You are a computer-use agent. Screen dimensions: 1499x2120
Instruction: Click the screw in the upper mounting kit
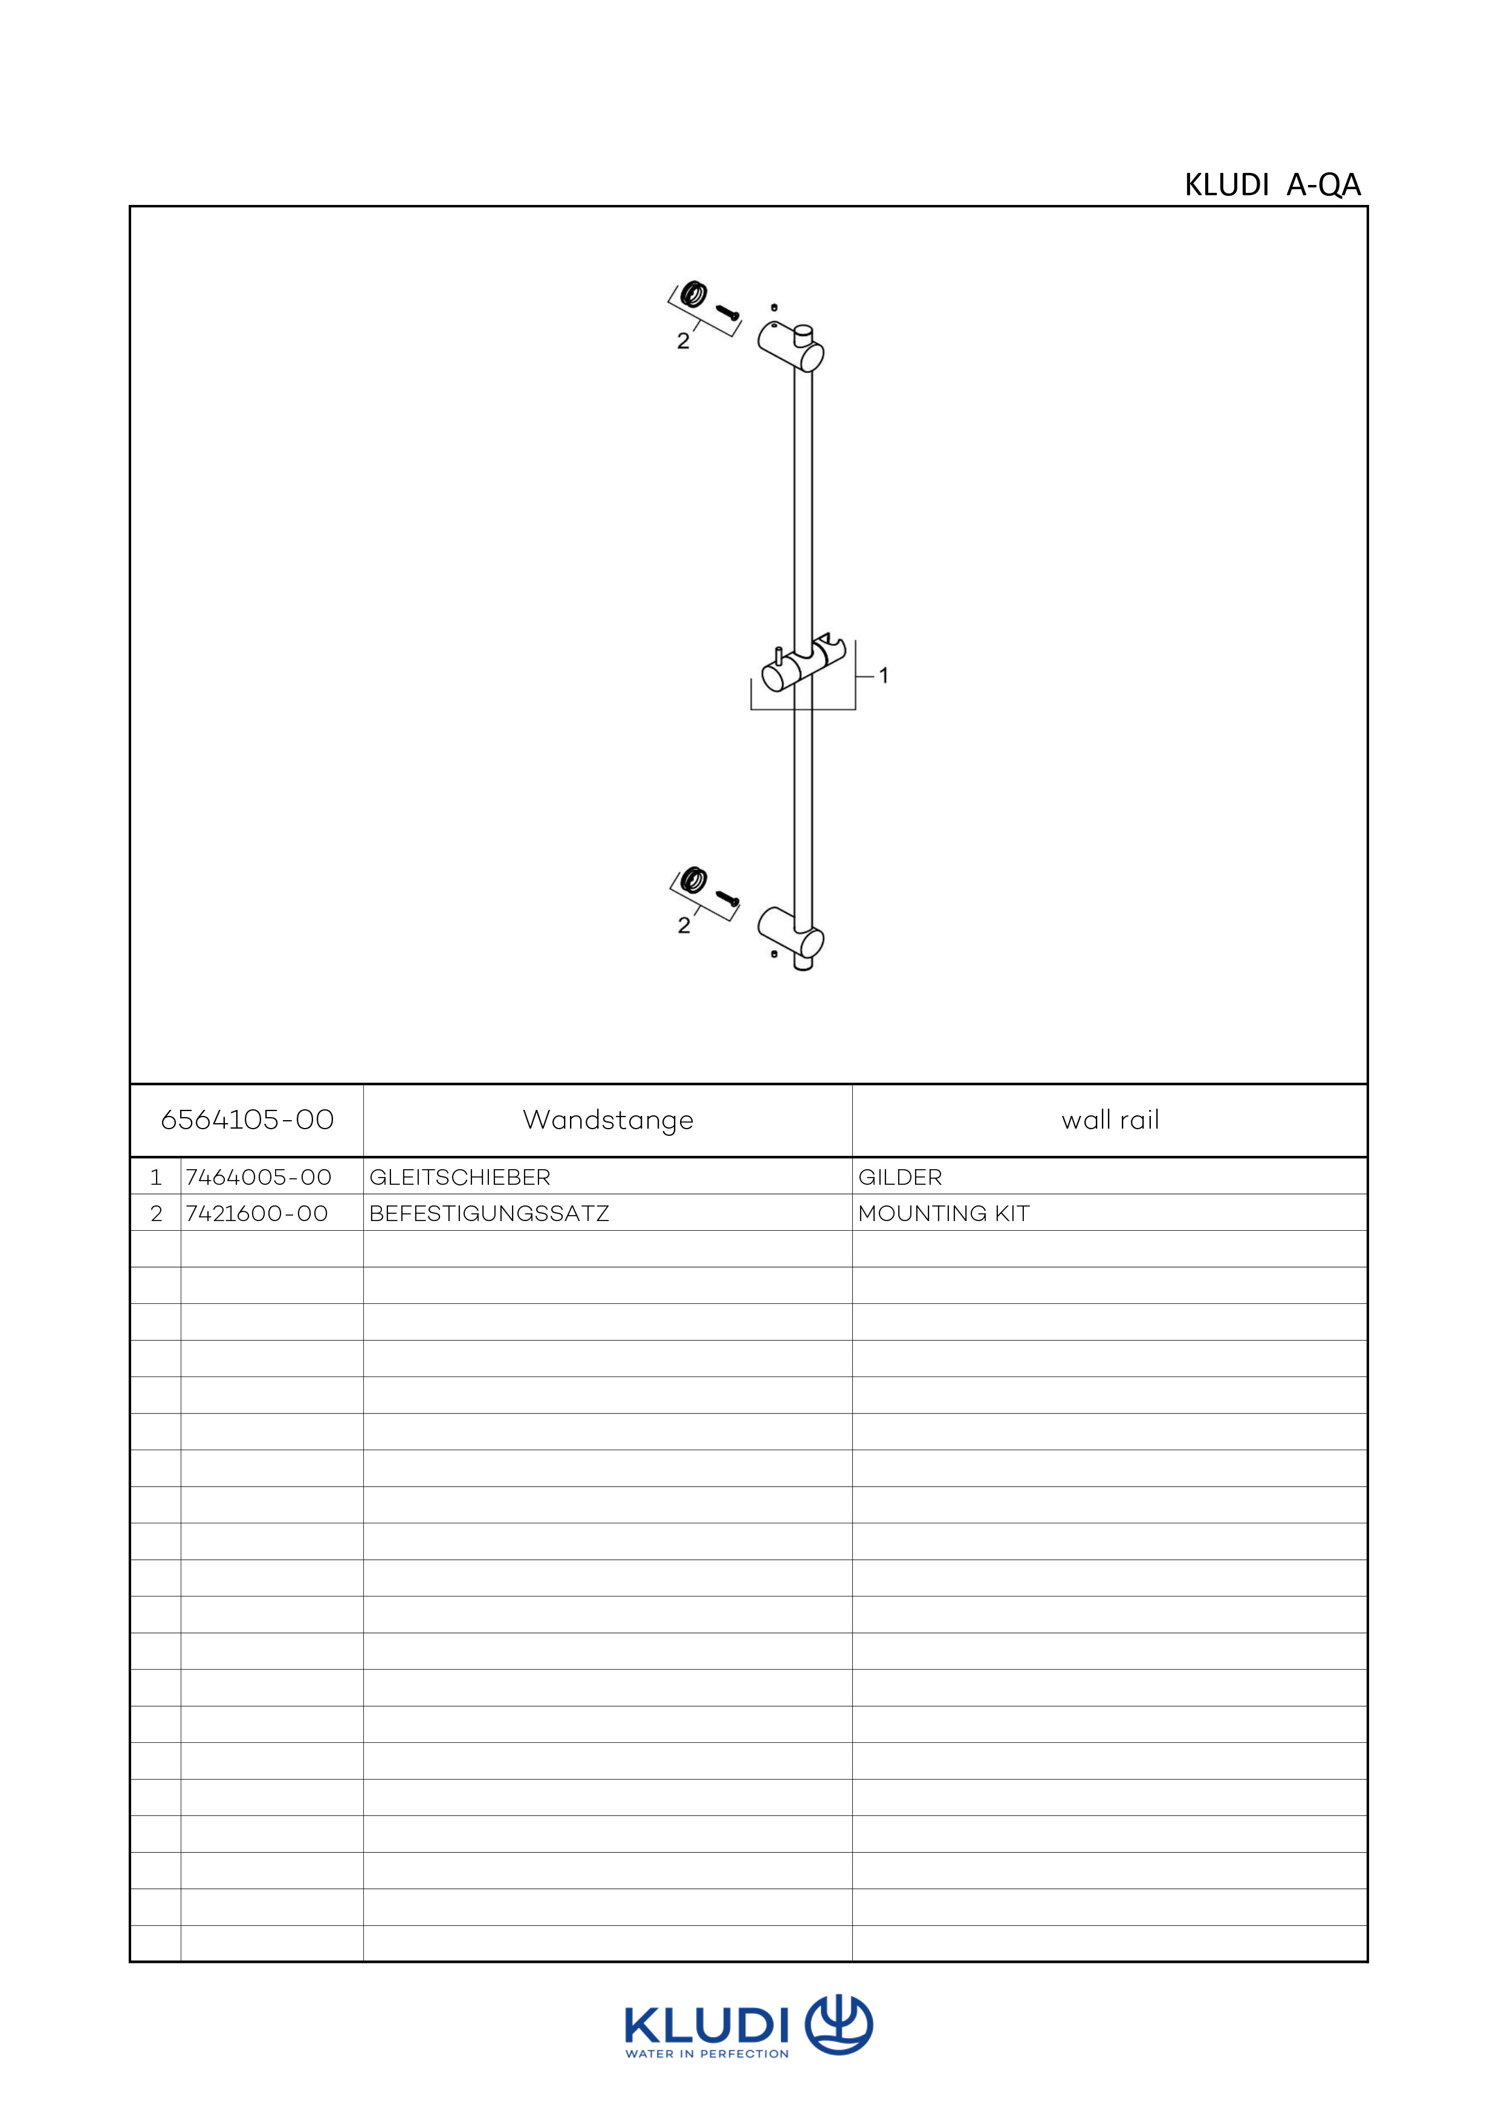coord(728,313)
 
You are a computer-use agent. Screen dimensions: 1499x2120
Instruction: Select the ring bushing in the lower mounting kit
coord(691,879)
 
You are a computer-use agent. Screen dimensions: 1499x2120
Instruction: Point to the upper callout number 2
coord(683,341)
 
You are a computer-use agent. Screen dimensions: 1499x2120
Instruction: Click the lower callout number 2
coord(684,925)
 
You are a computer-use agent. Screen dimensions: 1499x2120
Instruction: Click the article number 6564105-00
coord(247,1120)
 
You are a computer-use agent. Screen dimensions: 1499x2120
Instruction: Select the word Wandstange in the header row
coord(608,1121)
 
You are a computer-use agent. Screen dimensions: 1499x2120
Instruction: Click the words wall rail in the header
coord(1110,1120)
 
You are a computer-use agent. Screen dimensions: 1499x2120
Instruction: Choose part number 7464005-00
coord(259,1177)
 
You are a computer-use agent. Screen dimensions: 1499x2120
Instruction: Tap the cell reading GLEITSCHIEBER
coord(459,1177)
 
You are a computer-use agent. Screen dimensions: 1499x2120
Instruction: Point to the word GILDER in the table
coord(900,1177)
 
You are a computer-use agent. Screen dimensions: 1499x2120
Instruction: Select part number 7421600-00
coord(257,1213)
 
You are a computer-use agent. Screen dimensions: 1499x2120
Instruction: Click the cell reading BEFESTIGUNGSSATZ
coord(489,1213)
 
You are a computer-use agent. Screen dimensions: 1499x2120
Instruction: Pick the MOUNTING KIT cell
coord(944,1213)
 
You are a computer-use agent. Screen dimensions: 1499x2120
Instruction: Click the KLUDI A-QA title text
coord(1273,186)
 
